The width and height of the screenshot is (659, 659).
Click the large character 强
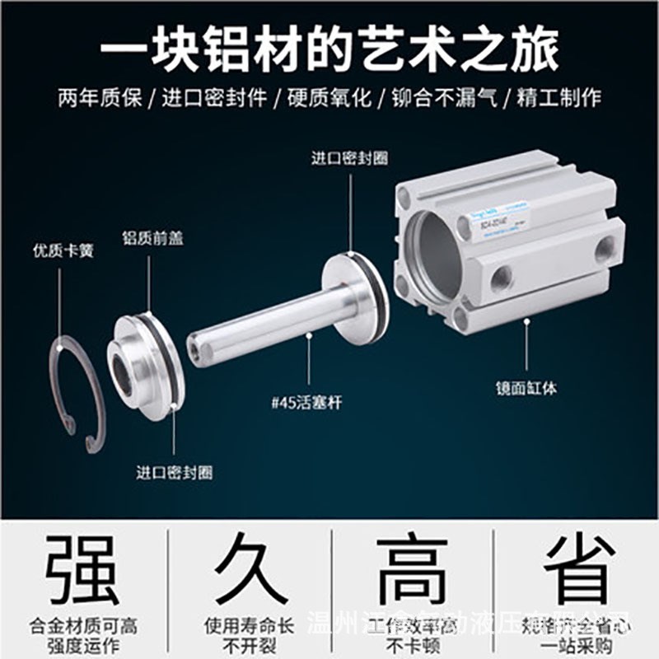82,568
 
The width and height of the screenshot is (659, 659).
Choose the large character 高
412,568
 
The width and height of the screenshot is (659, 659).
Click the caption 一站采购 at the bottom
577,643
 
